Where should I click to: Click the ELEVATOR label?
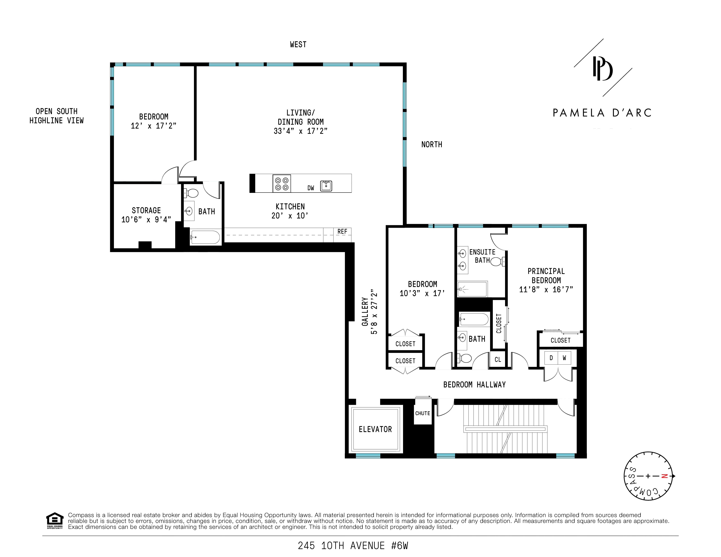375,429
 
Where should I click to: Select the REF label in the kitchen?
342,232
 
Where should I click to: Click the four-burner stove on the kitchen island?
282,184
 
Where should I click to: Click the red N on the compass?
665,476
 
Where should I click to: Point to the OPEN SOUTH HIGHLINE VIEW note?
56,116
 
